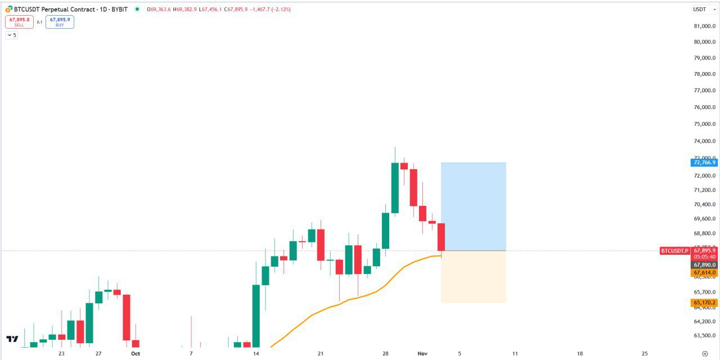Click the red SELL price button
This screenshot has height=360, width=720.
click(x=19, y=22)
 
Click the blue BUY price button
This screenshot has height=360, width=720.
click(x=60, y=22)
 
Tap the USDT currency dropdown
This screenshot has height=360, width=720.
click(x=703, y=10)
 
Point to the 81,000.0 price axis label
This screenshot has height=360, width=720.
click(x=704, y=26)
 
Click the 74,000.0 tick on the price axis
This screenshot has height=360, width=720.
click(x=704, y=141)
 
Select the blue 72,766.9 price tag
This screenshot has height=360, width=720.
click(x=704, y=163)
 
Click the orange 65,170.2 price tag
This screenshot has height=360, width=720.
click(x=704, y=303)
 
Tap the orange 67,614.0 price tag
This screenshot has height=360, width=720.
click(x=704, y=272)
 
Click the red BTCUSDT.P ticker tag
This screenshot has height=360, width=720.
click(x=674, y=251)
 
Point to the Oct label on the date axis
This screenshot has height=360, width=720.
click(x=135, y=354)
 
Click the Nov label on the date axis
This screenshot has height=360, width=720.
click(x=423, y=354)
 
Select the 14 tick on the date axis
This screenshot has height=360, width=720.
click(x=256, y=354)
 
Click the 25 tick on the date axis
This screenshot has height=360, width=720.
click(x=645, y=354)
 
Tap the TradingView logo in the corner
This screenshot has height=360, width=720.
click(x=12, y=339)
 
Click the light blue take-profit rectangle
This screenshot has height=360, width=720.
click(x=473, y=206)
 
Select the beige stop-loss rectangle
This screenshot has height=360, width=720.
click(x=473, y=277)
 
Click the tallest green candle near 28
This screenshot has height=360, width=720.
click(x=395, y=188)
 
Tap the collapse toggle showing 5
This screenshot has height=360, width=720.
click(x=11, y=35)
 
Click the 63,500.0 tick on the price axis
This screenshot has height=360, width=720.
click(x=704, y=336)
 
